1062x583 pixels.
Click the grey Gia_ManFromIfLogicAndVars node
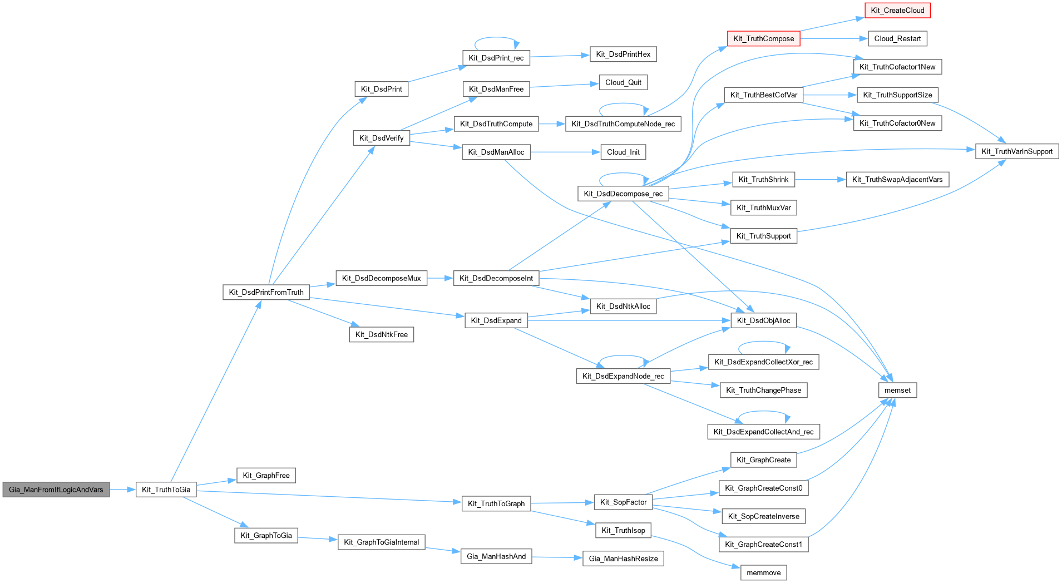[56, 490]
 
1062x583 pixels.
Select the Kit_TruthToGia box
[166, 490]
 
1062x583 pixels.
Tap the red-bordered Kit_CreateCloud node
[897, 11]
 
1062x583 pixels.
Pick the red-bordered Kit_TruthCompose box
[763, 38]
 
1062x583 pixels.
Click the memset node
[897, 390]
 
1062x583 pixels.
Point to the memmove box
[763, 572]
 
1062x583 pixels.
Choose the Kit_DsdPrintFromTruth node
[266, 292]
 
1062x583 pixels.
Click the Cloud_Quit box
[623, 82]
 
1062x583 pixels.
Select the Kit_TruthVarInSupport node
[1016, 151]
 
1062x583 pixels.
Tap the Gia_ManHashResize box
[623, 559]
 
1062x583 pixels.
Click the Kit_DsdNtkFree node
[381, 334]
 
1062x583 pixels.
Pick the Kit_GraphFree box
[266, 475]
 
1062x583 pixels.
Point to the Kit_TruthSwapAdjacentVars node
[897, 179]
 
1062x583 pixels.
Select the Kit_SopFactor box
[623, 502]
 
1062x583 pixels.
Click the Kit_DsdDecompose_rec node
[623, 194]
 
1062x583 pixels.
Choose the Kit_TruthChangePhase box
[763, 390]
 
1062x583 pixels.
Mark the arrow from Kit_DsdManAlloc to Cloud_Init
[565, 152]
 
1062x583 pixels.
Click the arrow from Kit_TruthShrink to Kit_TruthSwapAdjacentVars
[820, 179]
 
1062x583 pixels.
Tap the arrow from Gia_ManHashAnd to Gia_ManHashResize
[557, 557]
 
